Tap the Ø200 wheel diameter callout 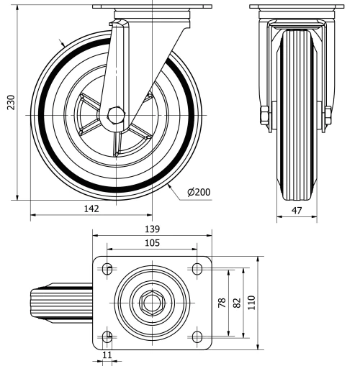pyautogui.click(x=197, y=193)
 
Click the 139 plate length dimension pyautogui.click(x=151, y=229)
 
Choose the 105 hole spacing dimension pyautogui.click(x=151, y=242)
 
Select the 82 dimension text pyautogui.click(x=236, y=303)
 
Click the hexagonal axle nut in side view pyautogui.click(x=114, y=115)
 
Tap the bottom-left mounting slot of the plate pyautogui.click(x=107, y=337)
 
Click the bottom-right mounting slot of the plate pyautogui.click(x=197, y=337)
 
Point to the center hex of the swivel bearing pyautogui.click(x=151, y=303)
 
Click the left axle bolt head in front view pyautogui.click(x=264, y=115)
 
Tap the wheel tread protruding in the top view pyautogui.click(x=61, y=303)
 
